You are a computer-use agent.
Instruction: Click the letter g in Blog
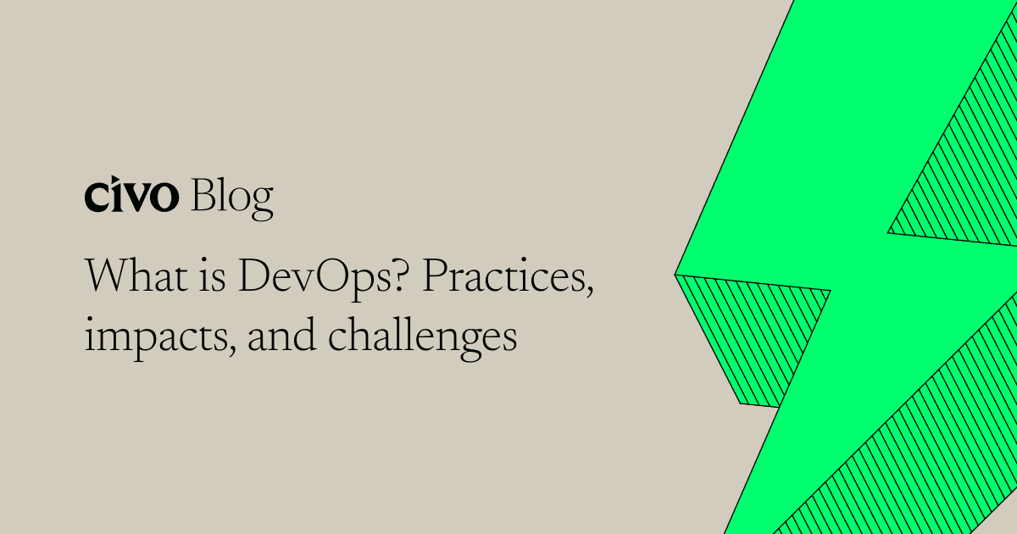pos(262,203)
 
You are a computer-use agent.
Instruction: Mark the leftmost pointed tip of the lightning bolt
pos(676,274)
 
